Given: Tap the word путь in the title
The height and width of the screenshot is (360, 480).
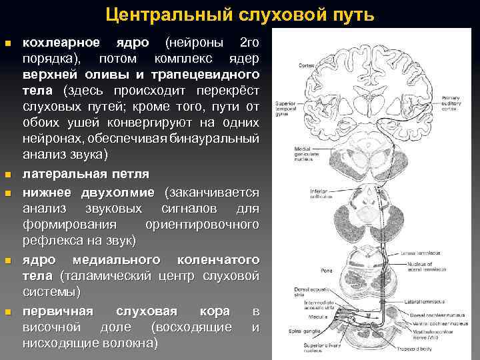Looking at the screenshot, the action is click(x=353, y=15).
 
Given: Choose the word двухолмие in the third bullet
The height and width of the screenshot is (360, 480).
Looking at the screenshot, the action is click(x=121, y=192).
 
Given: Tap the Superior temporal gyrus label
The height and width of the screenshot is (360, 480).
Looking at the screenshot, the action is click(x=288, y=111).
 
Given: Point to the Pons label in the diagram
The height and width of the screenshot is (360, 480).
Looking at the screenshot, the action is click(x=307, y=271).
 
